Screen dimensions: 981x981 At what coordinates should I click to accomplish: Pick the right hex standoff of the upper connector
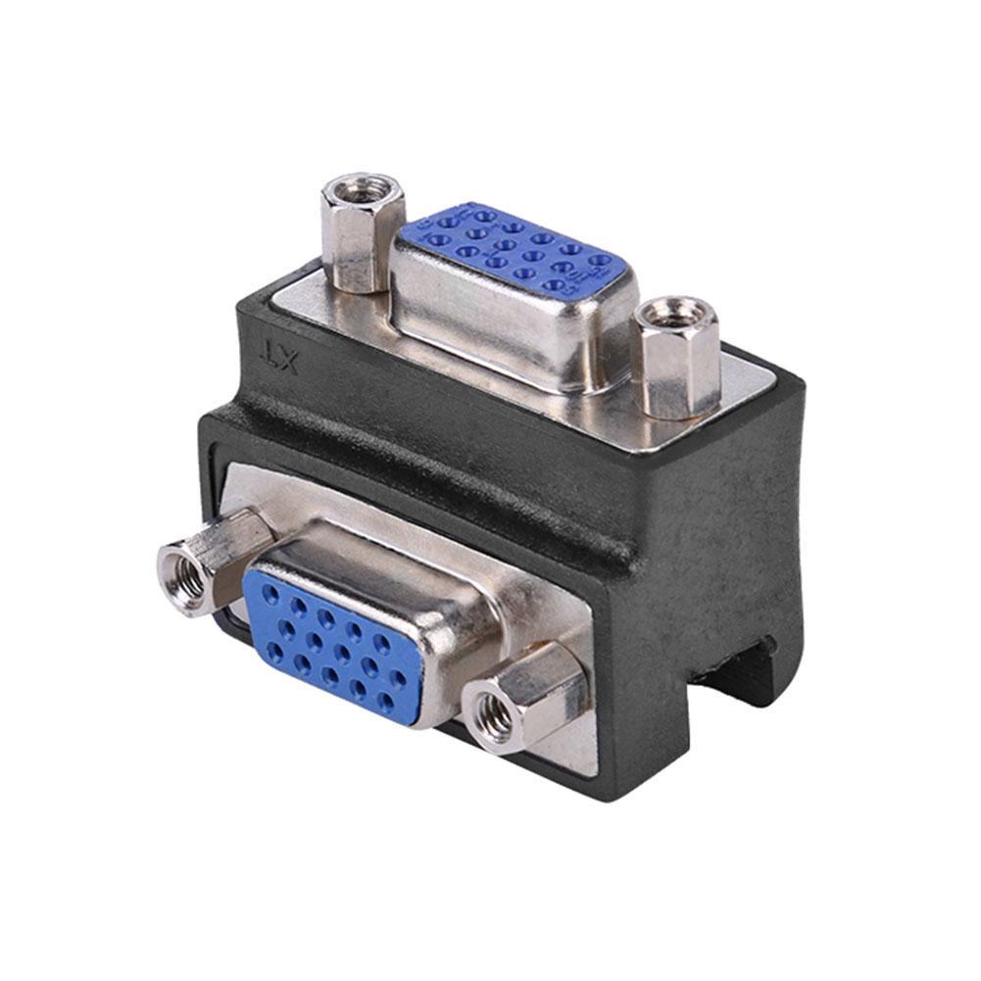pyautogui.click(x=680, y=357)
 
